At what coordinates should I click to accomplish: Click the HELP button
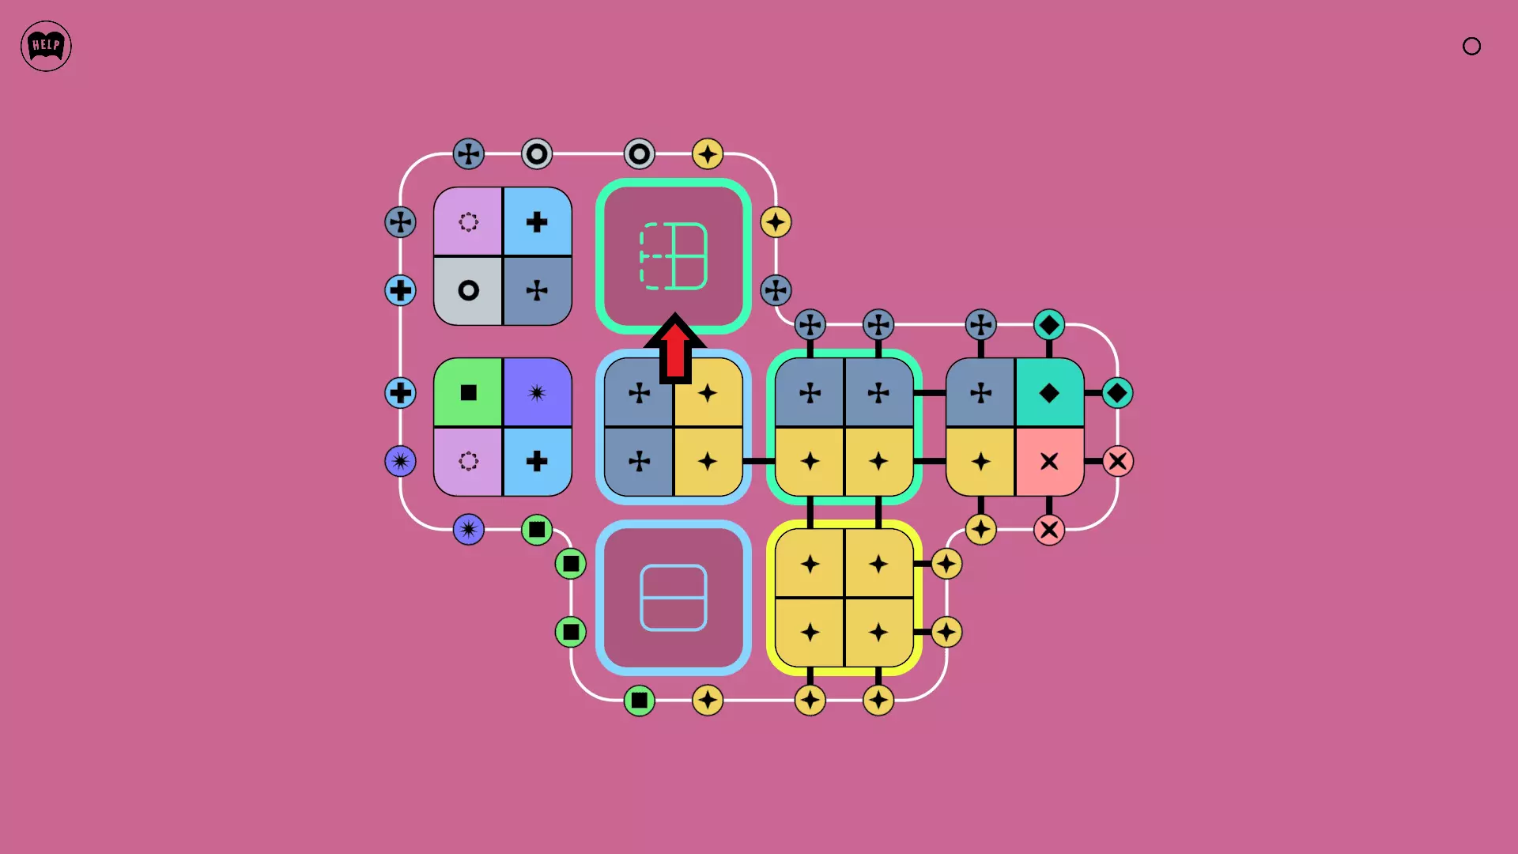(46, 46)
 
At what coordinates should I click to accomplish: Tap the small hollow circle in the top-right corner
(1471, 47)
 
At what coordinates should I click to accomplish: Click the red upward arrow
(675, 348)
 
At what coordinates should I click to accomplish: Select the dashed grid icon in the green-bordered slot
(674, 256)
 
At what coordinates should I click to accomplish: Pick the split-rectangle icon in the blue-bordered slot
(674, 598)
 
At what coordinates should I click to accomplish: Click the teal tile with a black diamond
(1049, 393)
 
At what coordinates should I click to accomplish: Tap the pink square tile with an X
(1049, 461)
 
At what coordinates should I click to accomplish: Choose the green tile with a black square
(468, 393)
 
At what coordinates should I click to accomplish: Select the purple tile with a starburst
(537, 393)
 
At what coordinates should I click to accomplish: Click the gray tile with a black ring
(468, 290)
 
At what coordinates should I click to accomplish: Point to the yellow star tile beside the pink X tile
(980, 461)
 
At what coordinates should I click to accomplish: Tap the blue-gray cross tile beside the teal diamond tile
(980, 393)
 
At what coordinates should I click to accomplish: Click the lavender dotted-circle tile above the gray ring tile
(468, 222)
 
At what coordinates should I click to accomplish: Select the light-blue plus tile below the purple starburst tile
(537, 461)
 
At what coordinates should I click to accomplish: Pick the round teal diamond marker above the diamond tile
(1049, 324)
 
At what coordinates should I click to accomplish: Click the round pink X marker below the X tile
(1049, 530)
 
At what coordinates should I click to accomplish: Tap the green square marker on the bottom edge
(639, 701)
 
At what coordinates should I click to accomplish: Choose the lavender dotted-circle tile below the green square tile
(468, 461)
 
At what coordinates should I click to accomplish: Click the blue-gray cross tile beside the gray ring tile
(537, 290)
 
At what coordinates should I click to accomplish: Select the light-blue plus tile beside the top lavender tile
(537, 222)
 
